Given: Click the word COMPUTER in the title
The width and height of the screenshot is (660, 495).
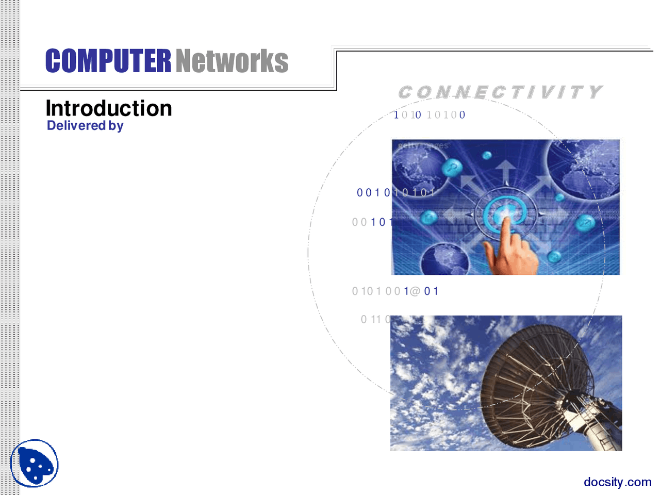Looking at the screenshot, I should [108, 61].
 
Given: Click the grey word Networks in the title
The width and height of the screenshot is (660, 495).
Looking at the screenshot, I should [232, 61].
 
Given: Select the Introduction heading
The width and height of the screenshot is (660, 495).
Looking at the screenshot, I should [109, 108].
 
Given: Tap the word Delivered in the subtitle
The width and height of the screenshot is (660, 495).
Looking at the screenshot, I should [76, 125].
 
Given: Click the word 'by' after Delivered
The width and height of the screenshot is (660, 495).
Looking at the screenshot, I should [116, 126].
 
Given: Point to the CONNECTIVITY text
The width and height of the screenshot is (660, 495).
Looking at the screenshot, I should [500, 92].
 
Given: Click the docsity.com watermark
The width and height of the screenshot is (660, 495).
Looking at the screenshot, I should [617, 482].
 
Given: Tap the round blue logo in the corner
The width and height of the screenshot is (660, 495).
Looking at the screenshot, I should [35, 463].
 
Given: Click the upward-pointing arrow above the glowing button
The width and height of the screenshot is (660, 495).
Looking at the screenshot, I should [505, 170].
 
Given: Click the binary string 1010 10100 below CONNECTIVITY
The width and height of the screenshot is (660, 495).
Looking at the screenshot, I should [429, 115].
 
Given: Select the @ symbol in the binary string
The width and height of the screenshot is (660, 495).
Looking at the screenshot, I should [415, 291].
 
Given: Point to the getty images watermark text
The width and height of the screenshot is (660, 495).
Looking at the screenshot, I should [423, 146].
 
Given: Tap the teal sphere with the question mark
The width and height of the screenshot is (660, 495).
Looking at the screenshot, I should [452, 168].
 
